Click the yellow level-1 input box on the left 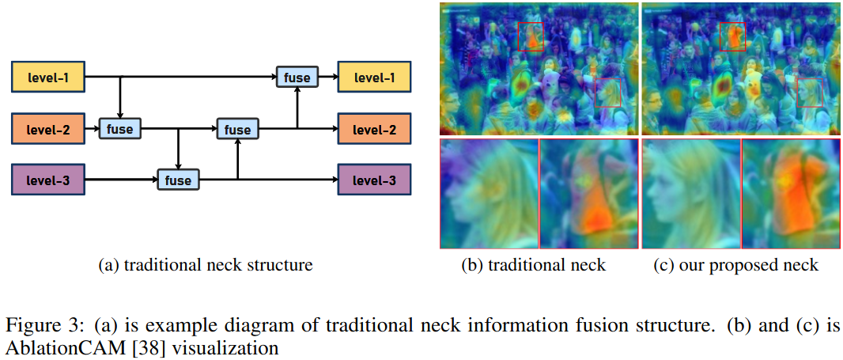(x=47, y=77)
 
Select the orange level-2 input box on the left (x=47, y=128)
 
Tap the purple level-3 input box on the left (x=47, y=180)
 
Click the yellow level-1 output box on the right (x=373, y=77)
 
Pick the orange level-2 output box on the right (x=373, y=128)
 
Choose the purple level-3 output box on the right (x=373, y=180)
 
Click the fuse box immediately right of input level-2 (x=119, y=128)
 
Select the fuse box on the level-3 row (x=178, y=180)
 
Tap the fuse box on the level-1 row (x=297, y=77)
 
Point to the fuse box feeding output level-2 (x=237, y=129)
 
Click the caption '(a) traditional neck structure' (x=205, y=265)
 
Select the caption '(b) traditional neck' (x=533, y=265)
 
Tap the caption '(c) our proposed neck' (x=736, y=265)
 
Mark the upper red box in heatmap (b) (x=531, y=36)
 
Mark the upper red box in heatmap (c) (x=733, y=36)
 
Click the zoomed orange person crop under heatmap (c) (x=790, y=194)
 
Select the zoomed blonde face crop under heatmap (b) (x=488, y=194)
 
